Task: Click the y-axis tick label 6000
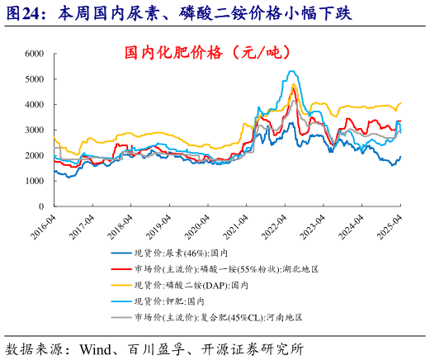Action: click(34, 54)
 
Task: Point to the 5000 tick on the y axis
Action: click(34, 79)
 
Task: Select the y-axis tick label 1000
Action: click(34, 181)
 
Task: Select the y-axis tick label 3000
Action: click(34, 130)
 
